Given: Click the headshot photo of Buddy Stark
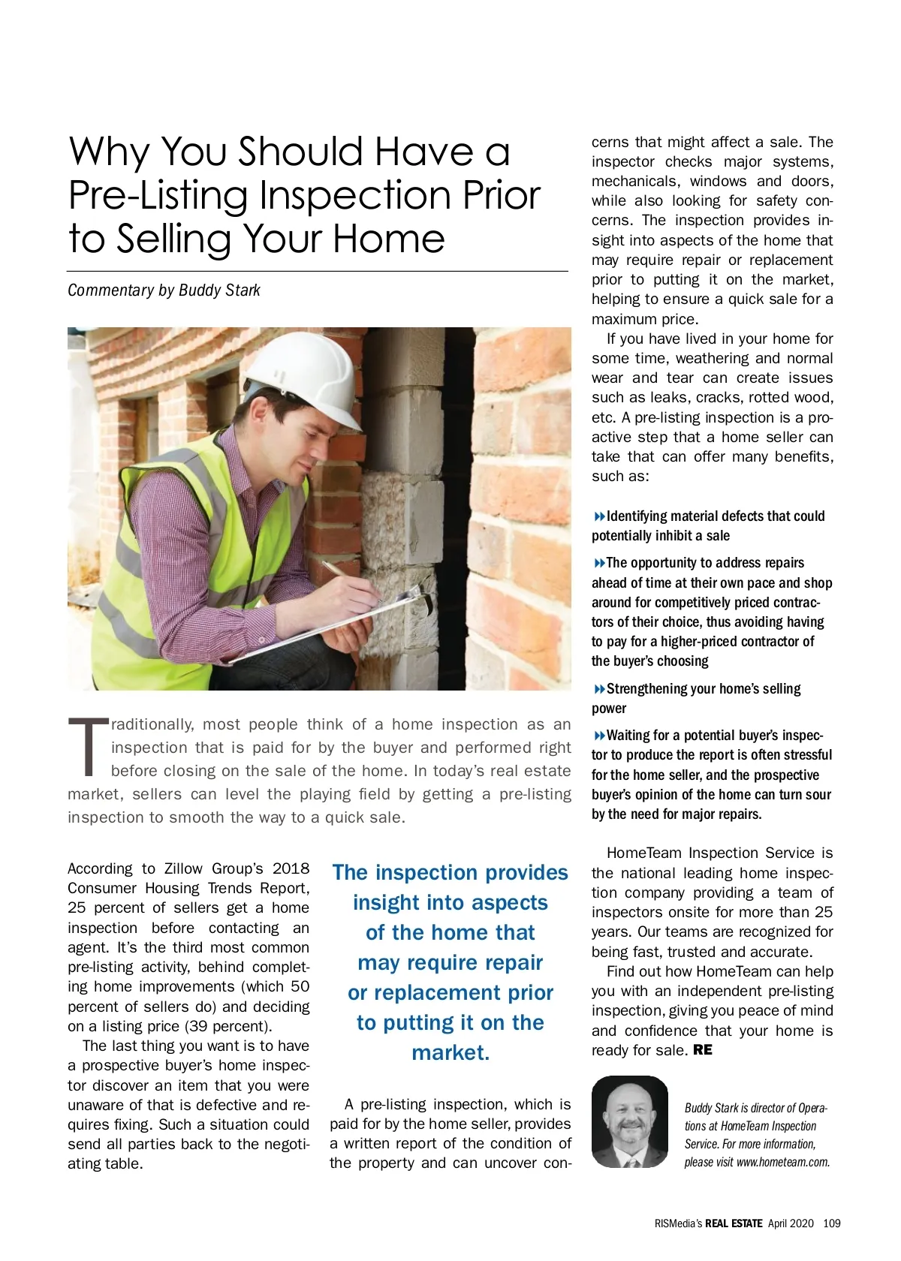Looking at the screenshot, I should [x=629, y=1122].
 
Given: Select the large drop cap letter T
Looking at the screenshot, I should [x=89, y=748].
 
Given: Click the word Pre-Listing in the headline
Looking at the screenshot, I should [x=158, y=196].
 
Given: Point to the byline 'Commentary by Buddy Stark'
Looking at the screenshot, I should [x=164, y=290].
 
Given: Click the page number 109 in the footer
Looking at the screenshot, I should [x=831, y=1223].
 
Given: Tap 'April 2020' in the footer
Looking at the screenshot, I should [x=791, y=1223].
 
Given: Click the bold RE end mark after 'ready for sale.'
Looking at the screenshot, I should [x=703, y=1050].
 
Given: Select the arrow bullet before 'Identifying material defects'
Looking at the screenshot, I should [x=599, y=516].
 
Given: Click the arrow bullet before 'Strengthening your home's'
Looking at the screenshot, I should [x=599, y=689].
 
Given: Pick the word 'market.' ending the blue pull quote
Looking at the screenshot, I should [x=450, y=1052].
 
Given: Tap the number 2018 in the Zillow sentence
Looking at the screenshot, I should [x=291, y=868].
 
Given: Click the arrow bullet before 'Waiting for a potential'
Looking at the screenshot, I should [x=599, y=736].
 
